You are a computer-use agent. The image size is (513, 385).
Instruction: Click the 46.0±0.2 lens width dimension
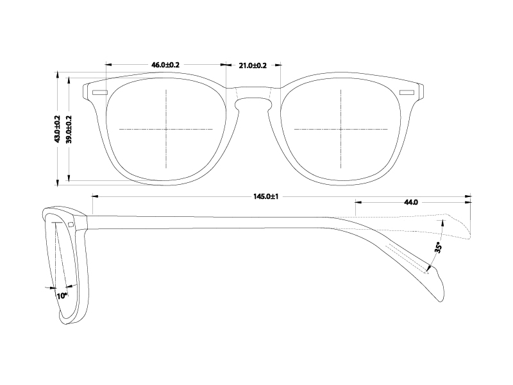(165, 65)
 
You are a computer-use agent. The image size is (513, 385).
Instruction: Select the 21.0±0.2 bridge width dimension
(253, 65)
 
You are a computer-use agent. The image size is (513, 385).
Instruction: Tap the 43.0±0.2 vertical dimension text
(57, 129)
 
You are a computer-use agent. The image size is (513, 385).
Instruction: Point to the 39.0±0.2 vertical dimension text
(69, 129)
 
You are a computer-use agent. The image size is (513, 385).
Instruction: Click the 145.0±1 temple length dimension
(269, 196)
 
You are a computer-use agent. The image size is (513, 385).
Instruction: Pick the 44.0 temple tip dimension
(411, 202)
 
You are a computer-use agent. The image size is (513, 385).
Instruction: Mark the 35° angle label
(438, 247)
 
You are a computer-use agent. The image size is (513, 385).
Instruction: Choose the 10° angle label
(62, 296)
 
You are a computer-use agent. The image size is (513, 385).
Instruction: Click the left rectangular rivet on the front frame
(100, 93)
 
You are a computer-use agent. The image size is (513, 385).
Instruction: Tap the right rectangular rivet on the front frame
(407, 93)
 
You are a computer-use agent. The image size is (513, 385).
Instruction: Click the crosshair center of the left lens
(166, 129)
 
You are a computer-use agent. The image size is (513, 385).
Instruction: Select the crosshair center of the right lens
(341, 129)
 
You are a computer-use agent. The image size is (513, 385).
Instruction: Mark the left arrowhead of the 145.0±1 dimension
(94, 196)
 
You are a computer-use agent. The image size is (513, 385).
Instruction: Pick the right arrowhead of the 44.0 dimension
(470, 202)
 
